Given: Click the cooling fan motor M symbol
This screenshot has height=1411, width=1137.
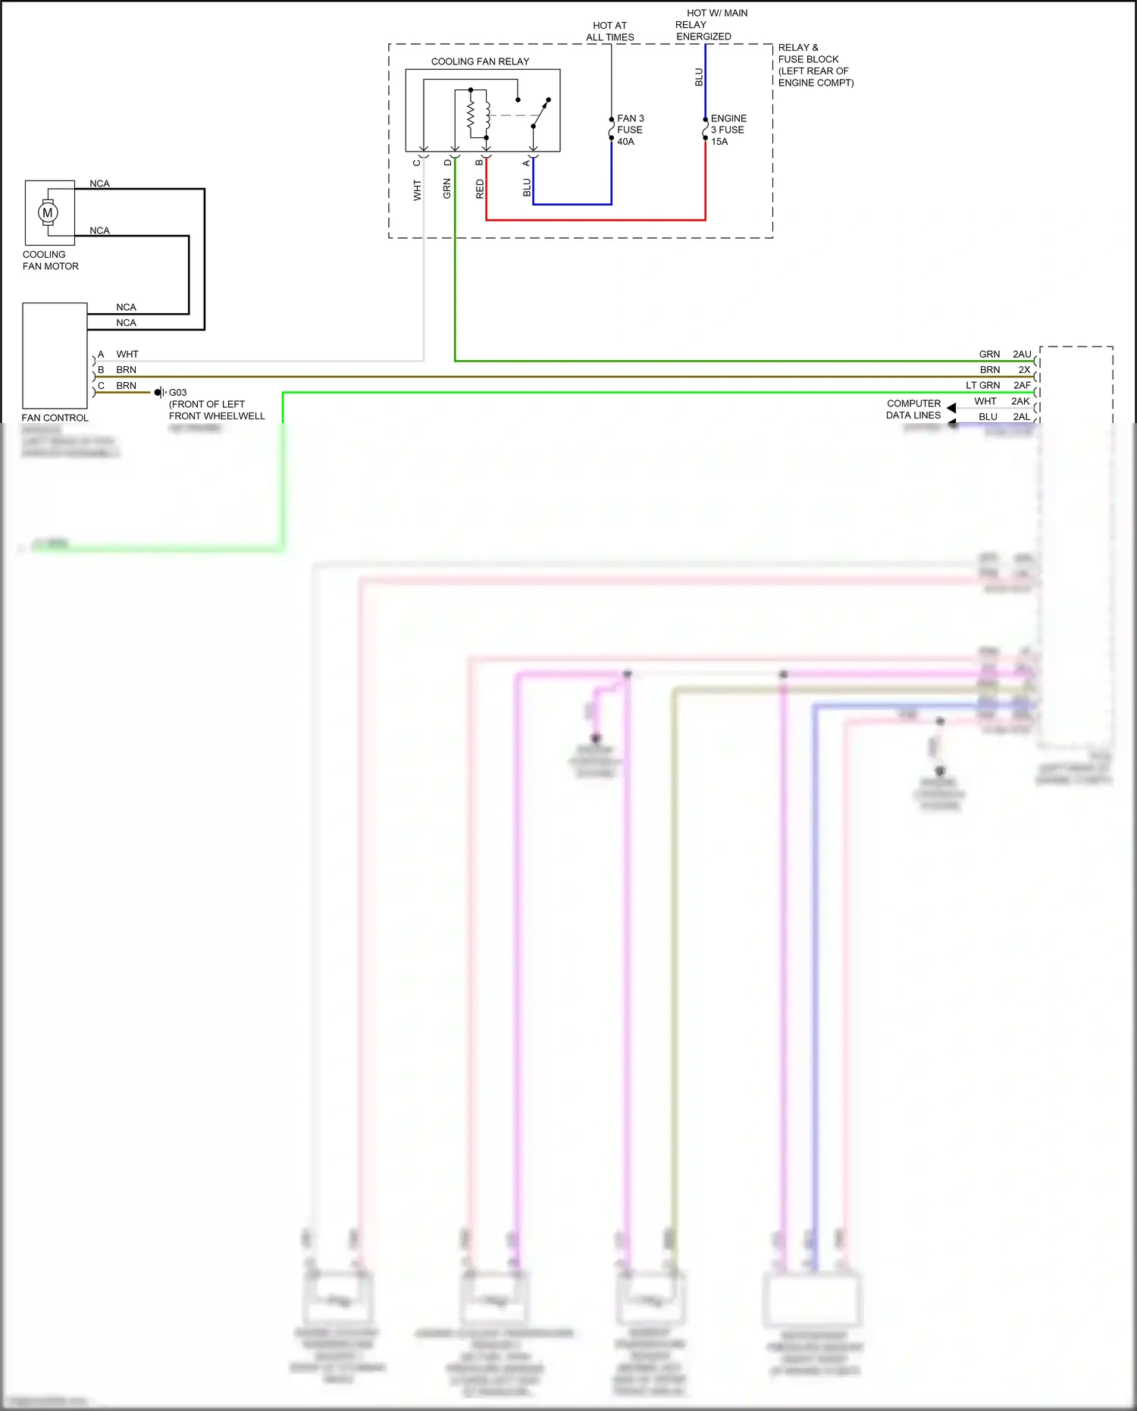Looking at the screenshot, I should pyautogui.click(x=48, y=213).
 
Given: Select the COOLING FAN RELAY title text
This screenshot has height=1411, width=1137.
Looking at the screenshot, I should pyautogui.click(x=480, y=61).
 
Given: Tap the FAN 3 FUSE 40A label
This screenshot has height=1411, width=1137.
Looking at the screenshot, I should pyautogui.click(x=630, y=130).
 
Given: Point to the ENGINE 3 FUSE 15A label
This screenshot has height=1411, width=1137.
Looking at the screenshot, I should pyautogui.click(x=728, y=130).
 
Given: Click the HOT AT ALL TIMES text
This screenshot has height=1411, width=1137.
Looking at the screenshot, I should pyautogui.click(x=609, y=31).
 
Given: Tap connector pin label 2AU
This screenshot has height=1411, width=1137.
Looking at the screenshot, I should pyautogui.click(x=1022, y=354).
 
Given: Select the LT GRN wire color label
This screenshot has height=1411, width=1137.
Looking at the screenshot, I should pyautogui.click(x=982, y=385).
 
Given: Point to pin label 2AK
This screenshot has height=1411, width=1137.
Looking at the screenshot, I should pyautogui.click(x=1020, y=401).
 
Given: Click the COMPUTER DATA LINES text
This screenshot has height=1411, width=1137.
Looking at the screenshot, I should pyautogui.click(x=913, y=409).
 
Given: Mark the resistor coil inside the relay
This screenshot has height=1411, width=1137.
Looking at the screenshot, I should pyautogui.click(x=471, y=115).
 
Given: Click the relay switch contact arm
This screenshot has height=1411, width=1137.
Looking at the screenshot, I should pyautogui.click(x=540, y=114).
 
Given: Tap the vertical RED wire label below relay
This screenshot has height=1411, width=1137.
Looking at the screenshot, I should pyautogui.click(x=480, y=189).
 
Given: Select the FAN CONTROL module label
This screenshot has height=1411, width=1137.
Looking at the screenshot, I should pyautogui.click(x=55, y=418).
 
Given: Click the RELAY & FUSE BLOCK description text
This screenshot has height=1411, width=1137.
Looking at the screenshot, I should pyautogui.click(x=815, y=65).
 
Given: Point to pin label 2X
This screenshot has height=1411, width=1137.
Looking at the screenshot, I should pyautogui.click(x=1024, y=370).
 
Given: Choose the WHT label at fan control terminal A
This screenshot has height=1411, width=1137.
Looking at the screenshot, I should pyautogui.click(x=127, y=354).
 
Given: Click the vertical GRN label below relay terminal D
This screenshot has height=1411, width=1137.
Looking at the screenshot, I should pyautogui.click(x=447, y=189).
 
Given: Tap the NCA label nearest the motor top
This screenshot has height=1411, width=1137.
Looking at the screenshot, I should pyautogui.click(x=99, y=183).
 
